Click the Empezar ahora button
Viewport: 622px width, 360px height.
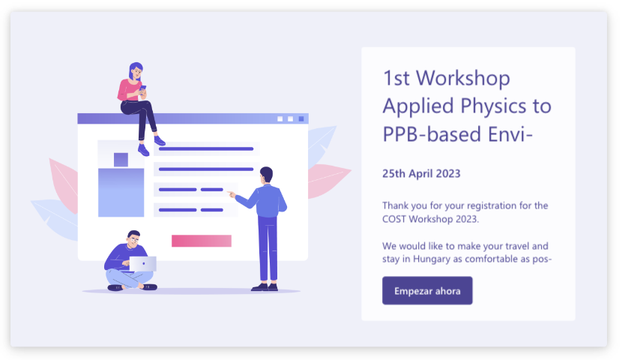click(427, 290)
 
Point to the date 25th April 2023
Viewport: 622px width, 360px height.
click(421, 173)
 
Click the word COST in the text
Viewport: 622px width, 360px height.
click(396, 219)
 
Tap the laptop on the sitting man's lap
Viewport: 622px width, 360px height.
click(142, 263)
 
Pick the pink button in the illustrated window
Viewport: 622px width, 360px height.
click(201, 241)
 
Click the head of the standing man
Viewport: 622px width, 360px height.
click(266, 175)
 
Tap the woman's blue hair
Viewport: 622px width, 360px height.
click(133, 70)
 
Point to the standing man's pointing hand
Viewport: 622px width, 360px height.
click(232, 194)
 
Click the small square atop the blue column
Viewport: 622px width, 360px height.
click(121, 159)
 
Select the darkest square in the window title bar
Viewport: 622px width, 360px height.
click(301, 118)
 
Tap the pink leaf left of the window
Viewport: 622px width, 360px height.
click(63, 184)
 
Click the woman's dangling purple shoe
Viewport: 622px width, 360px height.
click(143, 150)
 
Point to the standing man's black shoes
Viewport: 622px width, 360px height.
click(264, 286)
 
